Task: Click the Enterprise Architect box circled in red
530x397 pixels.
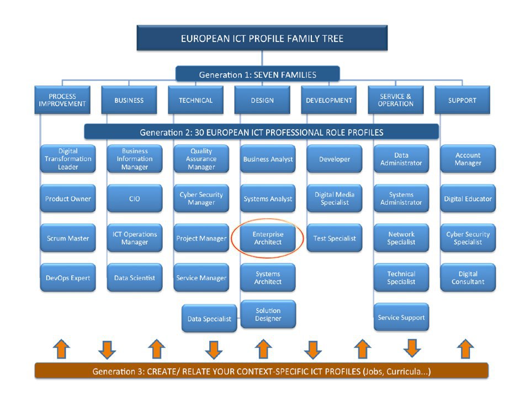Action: click(x=268, y=238)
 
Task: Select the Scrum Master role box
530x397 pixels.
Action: click(x=68, y=238)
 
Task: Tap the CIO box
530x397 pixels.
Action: click(x=135, y=198)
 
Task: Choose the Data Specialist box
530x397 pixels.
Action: click(x=209, y=318)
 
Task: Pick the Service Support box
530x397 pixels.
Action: click(x=401, y=317)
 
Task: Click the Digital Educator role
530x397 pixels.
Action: click(x=468, y=198)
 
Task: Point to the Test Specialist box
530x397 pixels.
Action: click(x=335, y=238)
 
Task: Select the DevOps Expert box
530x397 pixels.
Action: click(x=68, y=277)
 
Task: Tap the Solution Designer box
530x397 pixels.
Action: click(x=268, y=314)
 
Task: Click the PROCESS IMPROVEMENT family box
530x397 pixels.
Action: click(x=62, y=100)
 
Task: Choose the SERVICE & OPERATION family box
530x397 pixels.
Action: click(x=395, y=100)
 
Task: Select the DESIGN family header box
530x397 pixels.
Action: click(x=262, y=100)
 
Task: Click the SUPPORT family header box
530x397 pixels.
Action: click(x=462, y=100)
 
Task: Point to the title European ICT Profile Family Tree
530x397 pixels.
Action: click(x=262, y=38)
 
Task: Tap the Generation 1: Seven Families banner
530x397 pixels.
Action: click(x=258, y=74)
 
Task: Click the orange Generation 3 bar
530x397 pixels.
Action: click(x=261, y=371)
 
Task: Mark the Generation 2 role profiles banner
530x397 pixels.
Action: click(x=261, y=132)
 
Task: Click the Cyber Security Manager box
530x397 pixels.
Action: click(x=201, y=198)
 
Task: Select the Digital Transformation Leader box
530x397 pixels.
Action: click(x=68, y=159)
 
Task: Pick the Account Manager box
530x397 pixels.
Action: click(x=468, y=159)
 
